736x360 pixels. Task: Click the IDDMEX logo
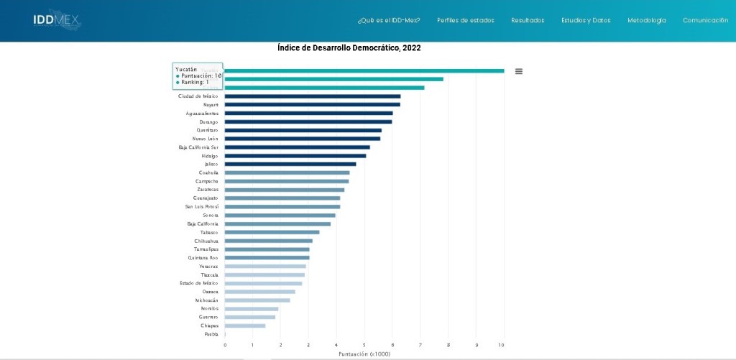tap(57, 20)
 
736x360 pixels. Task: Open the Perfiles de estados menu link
tap(465, 20)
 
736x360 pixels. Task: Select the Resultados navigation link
tap(528, 20)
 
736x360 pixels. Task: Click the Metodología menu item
tap(646, 20)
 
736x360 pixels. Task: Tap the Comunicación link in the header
tap(705, 20)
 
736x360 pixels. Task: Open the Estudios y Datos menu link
tap(586, 20)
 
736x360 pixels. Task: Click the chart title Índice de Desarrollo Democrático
tap(349, 48)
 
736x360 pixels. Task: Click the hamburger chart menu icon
tap(519, 71)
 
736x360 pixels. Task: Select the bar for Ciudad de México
tap(312, 96)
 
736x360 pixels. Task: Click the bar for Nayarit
tap(312, 105)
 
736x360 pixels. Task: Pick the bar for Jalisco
tap(290, 164)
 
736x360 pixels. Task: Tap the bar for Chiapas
tap(244, 326)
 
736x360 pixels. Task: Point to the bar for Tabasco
tap(272, 232)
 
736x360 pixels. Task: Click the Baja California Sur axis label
tap(198, 147)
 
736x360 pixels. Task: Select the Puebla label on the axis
tap(211, 334)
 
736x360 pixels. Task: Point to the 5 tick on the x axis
tap(364, 346)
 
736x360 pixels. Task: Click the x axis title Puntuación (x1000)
tap(364, 354)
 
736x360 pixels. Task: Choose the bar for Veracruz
tap(264, 267)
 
